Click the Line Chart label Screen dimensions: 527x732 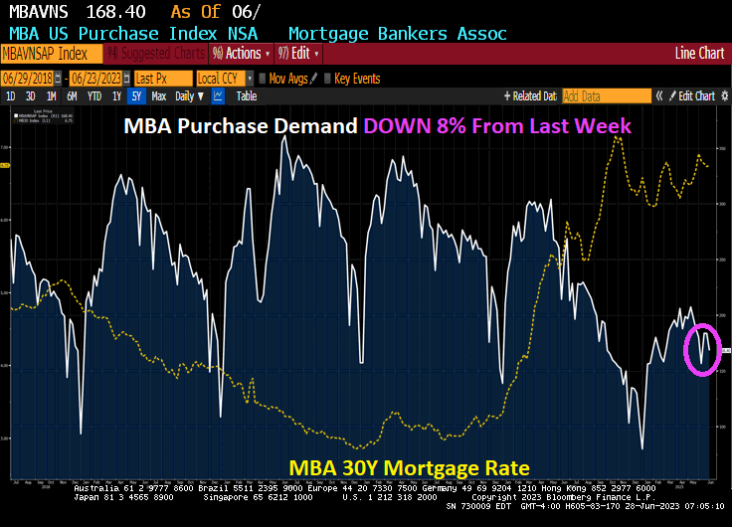(698, 54)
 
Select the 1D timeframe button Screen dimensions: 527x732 (11, 96)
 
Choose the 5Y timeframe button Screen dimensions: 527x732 (136, 96)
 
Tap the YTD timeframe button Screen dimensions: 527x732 (94, 96)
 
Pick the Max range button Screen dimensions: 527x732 (158, 96)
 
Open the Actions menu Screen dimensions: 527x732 (237, 54)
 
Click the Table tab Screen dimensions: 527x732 (246, 96)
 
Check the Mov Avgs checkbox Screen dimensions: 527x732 (263, 78)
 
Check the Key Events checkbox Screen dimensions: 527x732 (329, 78)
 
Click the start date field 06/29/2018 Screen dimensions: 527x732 (28, 78)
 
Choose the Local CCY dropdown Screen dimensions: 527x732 (223, 78)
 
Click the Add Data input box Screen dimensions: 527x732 (605, 96)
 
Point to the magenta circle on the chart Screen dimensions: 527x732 (702, 350)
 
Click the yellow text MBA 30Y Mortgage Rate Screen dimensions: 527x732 (409, 467)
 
